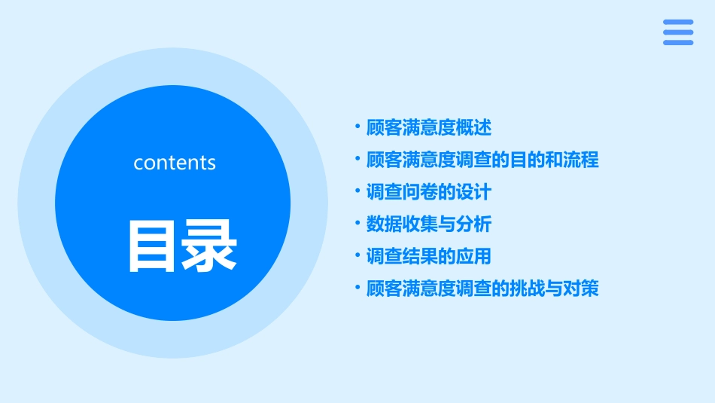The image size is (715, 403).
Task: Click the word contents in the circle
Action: coord(175,163)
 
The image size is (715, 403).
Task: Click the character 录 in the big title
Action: coord(208,246)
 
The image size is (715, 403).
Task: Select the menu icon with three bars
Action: coord(677,32)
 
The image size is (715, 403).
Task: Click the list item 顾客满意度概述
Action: coord(429,128)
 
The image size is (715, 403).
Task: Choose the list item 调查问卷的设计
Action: coord(428,192)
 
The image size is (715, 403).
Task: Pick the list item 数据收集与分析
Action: coord(429,224)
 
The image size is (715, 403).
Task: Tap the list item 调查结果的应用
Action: coord(428,256)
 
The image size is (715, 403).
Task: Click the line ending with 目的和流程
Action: coord(482,160)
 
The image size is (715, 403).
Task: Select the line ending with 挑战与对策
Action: coord(482,289)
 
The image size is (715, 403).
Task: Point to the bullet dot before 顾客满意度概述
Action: coord(358,127)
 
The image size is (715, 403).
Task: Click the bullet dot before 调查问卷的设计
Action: coord(358,191)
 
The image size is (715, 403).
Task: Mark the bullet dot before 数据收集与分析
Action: coord(358,224)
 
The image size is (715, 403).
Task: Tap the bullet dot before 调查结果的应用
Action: coord(358,255)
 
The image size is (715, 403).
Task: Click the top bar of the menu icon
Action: coord(677,22)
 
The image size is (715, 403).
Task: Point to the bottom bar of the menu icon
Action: coord(677,43)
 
